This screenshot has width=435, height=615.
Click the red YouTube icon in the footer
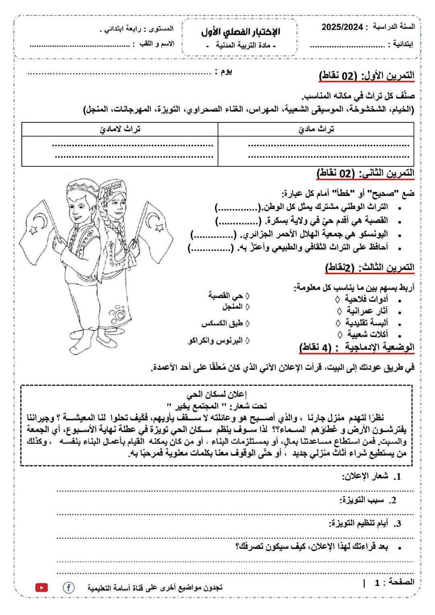click(x=42, y=588)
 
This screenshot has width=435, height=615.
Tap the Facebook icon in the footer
click(x=68, y=588)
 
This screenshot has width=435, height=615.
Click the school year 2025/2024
click(x=342, y=27)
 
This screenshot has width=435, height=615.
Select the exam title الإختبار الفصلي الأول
click(x=241, y=32)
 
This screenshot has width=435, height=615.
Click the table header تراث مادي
click(x=316, y=129)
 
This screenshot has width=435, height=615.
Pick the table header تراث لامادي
click(x=120, y=129)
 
